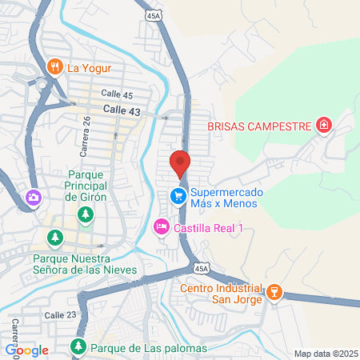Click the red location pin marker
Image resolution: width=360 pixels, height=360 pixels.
180,162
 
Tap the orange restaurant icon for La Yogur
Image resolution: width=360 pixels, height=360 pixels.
55,66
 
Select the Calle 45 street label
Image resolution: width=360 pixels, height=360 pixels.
117,94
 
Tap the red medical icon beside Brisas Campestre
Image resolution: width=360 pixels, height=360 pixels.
323,125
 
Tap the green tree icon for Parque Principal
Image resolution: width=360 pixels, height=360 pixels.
86,214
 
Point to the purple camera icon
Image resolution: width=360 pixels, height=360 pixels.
34,197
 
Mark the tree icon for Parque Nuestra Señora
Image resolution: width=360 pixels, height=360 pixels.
55,238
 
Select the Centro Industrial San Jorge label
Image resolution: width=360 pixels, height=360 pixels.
221,294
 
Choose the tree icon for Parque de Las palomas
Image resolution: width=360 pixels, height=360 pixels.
78,347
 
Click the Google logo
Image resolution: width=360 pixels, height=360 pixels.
26,350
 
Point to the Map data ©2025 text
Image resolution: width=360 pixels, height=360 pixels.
324,354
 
